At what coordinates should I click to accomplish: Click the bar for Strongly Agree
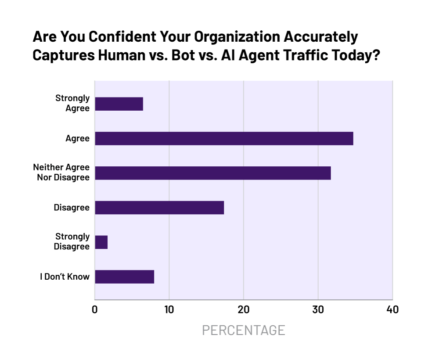pos(119,104)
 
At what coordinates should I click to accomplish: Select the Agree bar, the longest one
pos(224,138)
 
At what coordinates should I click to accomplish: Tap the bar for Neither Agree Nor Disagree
pos(213,173)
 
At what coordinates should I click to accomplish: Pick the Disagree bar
pos(159,207)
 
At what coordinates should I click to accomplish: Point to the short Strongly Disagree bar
pos(101,242)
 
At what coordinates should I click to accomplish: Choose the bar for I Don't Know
pos(125,277)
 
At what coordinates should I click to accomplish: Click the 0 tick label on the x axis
pos(95,310)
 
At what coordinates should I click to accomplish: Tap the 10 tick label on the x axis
pos(169,310)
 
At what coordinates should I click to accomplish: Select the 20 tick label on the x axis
pos(244,310)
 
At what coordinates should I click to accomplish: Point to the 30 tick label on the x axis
pos(318,310)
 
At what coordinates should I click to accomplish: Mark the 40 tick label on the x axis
pos(392,310)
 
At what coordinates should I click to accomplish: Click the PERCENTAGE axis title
pos(244,330)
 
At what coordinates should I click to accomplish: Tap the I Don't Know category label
pos(65,277)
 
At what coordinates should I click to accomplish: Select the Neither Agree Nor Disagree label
pos(61,173)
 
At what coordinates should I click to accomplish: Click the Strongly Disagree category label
pos(72,241)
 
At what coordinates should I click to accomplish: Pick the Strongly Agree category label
pos(72,103)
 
